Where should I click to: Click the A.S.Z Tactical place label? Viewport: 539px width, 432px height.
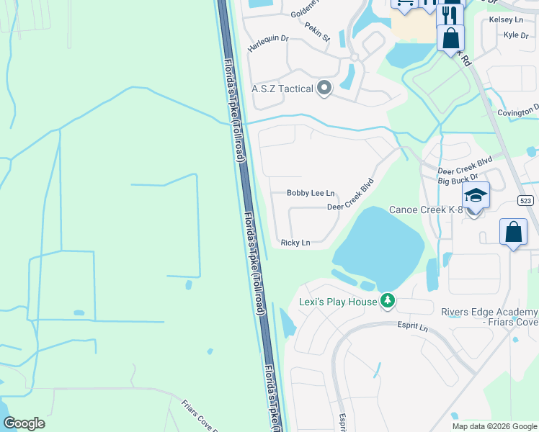point(282,89)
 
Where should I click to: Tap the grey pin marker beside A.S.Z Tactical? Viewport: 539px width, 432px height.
point(324,89)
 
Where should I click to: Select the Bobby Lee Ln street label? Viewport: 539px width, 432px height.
point(311,193)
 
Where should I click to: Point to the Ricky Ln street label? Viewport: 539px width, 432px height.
point(295,243)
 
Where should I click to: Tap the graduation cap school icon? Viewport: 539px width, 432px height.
point(476,195)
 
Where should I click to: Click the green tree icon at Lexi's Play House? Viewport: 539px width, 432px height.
point(388,300)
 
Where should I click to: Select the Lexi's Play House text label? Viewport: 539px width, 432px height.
point(338,302)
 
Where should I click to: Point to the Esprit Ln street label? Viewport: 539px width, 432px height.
point(412,328)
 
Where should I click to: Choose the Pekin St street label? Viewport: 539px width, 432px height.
point(316,32)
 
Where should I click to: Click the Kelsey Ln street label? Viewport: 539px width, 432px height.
point(506,19)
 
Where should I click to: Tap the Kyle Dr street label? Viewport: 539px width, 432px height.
point(516,35)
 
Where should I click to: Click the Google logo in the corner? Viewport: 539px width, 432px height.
point(24,423)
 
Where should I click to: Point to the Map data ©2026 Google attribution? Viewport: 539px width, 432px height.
point(495,426)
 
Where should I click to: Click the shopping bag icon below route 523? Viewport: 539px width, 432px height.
point(513,233)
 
